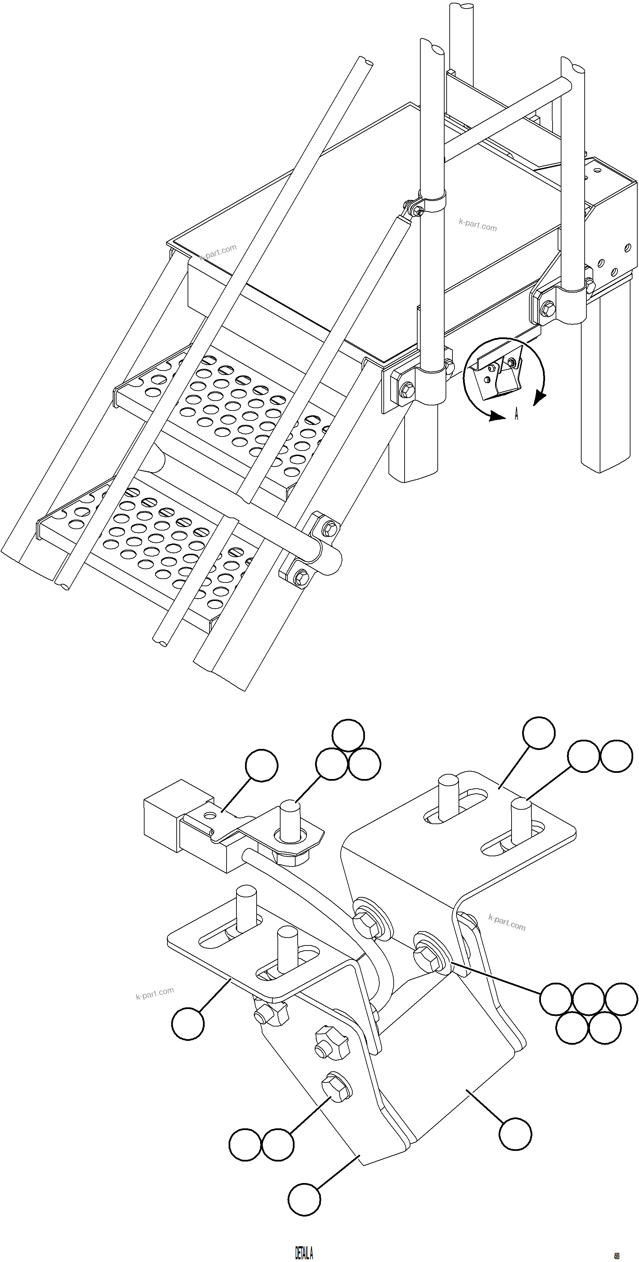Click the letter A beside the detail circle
click(x=516, y=415)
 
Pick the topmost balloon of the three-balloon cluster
click(x=348, y=735)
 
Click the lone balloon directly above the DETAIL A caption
click(x=304, y=1199)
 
